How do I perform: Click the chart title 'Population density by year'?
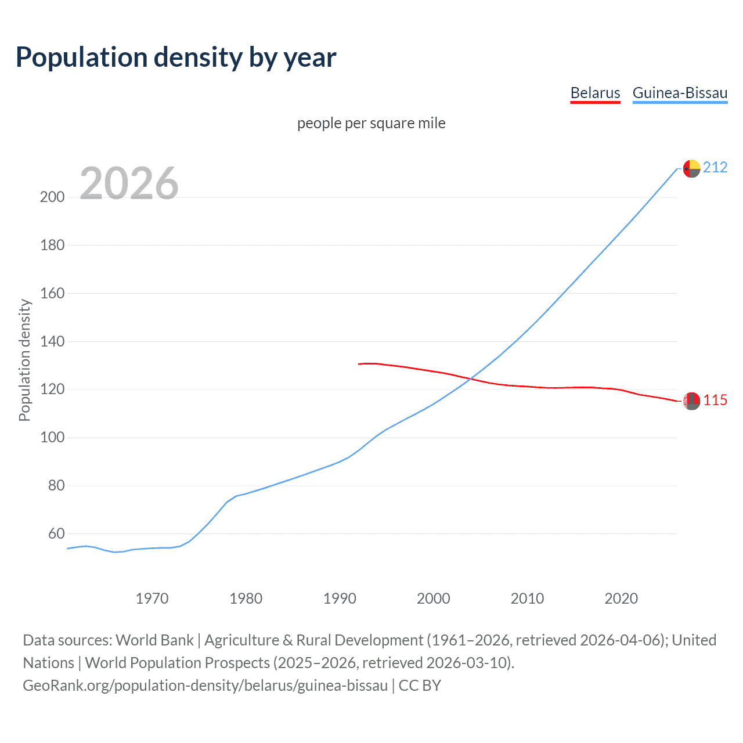point(176,57)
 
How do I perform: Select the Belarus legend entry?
point(595,93)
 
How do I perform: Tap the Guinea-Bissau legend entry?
point(680,93)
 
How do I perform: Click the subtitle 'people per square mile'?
point(371,123)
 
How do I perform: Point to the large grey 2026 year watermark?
point(129,183)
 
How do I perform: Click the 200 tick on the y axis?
point(52,197)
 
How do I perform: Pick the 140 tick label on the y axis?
point(52,341)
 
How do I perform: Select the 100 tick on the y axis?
point(52,437)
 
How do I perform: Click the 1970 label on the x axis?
point(152,598)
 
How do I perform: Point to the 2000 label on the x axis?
point(434,598)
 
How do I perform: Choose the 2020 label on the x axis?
point(621,598)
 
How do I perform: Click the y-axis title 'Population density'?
point(24,360)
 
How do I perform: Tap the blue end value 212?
point(715,168)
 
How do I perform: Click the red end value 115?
point(715,401)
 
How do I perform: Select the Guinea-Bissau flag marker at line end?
point(691,168)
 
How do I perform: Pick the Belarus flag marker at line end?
point(691,401)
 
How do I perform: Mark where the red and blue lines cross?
point(470,378)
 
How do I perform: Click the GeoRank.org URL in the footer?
point(205,686)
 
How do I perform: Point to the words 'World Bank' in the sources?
point(154,640)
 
